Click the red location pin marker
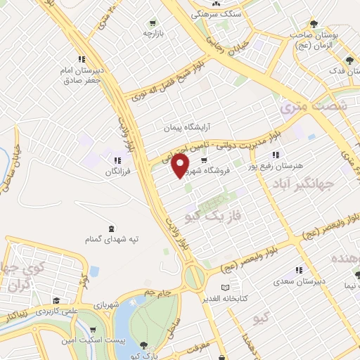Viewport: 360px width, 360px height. point(180,165)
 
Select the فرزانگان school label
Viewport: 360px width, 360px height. point(119,172)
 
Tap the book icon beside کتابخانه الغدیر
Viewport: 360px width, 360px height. point(225,288)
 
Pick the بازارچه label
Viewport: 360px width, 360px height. point(154,33)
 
